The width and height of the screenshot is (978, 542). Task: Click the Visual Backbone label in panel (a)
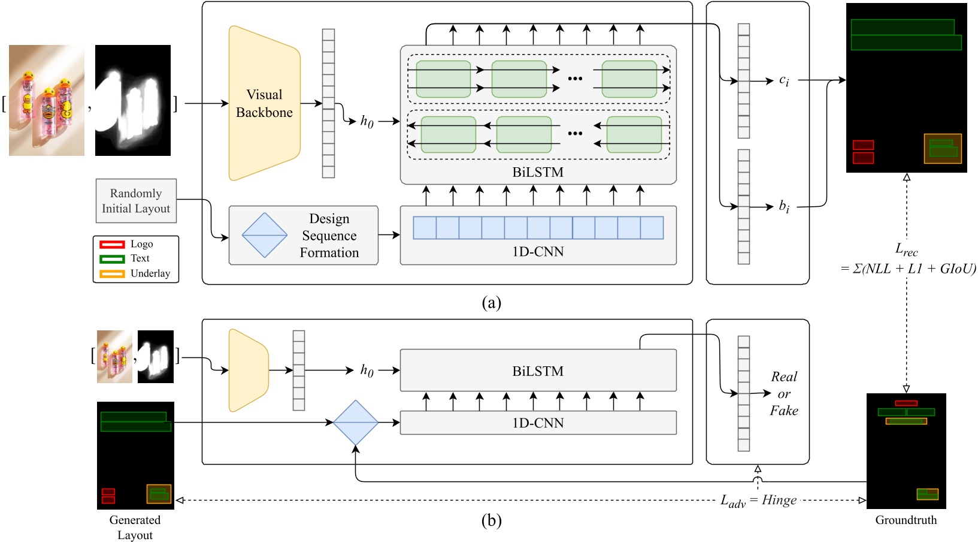coord(264,103)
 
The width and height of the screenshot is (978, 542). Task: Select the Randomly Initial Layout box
coord(136,201)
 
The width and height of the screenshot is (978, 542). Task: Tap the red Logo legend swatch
coord(112,244)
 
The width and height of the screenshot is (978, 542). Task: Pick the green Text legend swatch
coord(112,259)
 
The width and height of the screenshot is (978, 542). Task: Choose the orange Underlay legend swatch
coord(112,273)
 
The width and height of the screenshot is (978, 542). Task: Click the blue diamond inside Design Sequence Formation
coord(265,236)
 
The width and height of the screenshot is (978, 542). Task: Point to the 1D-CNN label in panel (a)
coord(538,252)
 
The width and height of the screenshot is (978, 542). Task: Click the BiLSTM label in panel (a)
coord(538,173)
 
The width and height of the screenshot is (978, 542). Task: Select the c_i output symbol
coord(784,80)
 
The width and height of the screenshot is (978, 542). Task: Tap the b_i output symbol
coord(784,207)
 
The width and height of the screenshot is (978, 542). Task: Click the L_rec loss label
coord(906,249)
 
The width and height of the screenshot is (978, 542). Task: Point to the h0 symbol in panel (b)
coord(367,371)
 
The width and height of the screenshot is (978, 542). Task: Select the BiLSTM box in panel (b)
coord(538,371)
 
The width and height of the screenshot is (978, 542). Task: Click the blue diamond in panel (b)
coord(356,423)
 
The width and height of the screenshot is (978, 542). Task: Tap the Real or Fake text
coord(784,394)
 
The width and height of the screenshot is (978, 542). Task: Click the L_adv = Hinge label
coord(758,500)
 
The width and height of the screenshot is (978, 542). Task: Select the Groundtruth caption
coord(906,520)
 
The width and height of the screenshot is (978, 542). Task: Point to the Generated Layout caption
coord(135,528)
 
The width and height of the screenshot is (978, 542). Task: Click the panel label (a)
coord(491,303)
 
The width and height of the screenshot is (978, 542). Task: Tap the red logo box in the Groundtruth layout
coord(906,403)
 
